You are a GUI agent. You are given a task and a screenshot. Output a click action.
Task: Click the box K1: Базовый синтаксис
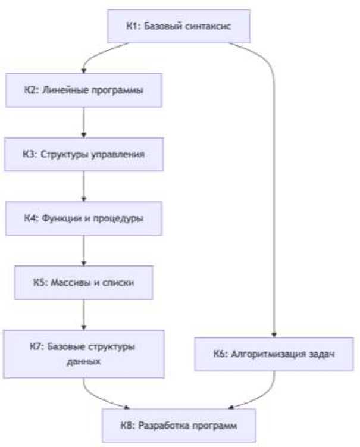click(x=179, y=27)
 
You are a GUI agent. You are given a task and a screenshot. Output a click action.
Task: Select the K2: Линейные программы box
click(x=84, y=91)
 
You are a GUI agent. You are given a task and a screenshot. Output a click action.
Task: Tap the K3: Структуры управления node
click(x=84, y=154)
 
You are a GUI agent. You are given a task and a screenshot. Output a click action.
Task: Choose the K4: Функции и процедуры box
click(x=84, y=218)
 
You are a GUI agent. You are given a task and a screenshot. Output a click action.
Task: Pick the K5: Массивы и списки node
click(x=84, y=282)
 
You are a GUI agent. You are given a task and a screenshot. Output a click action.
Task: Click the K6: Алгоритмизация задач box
click(x=274, y=354)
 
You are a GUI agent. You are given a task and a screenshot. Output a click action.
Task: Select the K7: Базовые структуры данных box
click(x=84, y=354)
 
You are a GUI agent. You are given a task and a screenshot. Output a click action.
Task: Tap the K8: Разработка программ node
click(x=179, y=426)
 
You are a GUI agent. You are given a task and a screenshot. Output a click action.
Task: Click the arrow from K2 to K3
click(x=84, y=123)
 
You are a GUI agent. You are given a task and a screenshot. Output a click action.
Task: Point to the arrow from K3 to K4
click(x=84, y=186)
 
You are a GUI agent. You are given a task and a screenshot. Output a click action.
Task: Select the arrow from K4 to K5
click(x=84, y=250)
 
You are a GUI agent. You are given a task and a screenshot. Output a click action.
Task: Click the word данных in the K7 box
click(x=84, y=361)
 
